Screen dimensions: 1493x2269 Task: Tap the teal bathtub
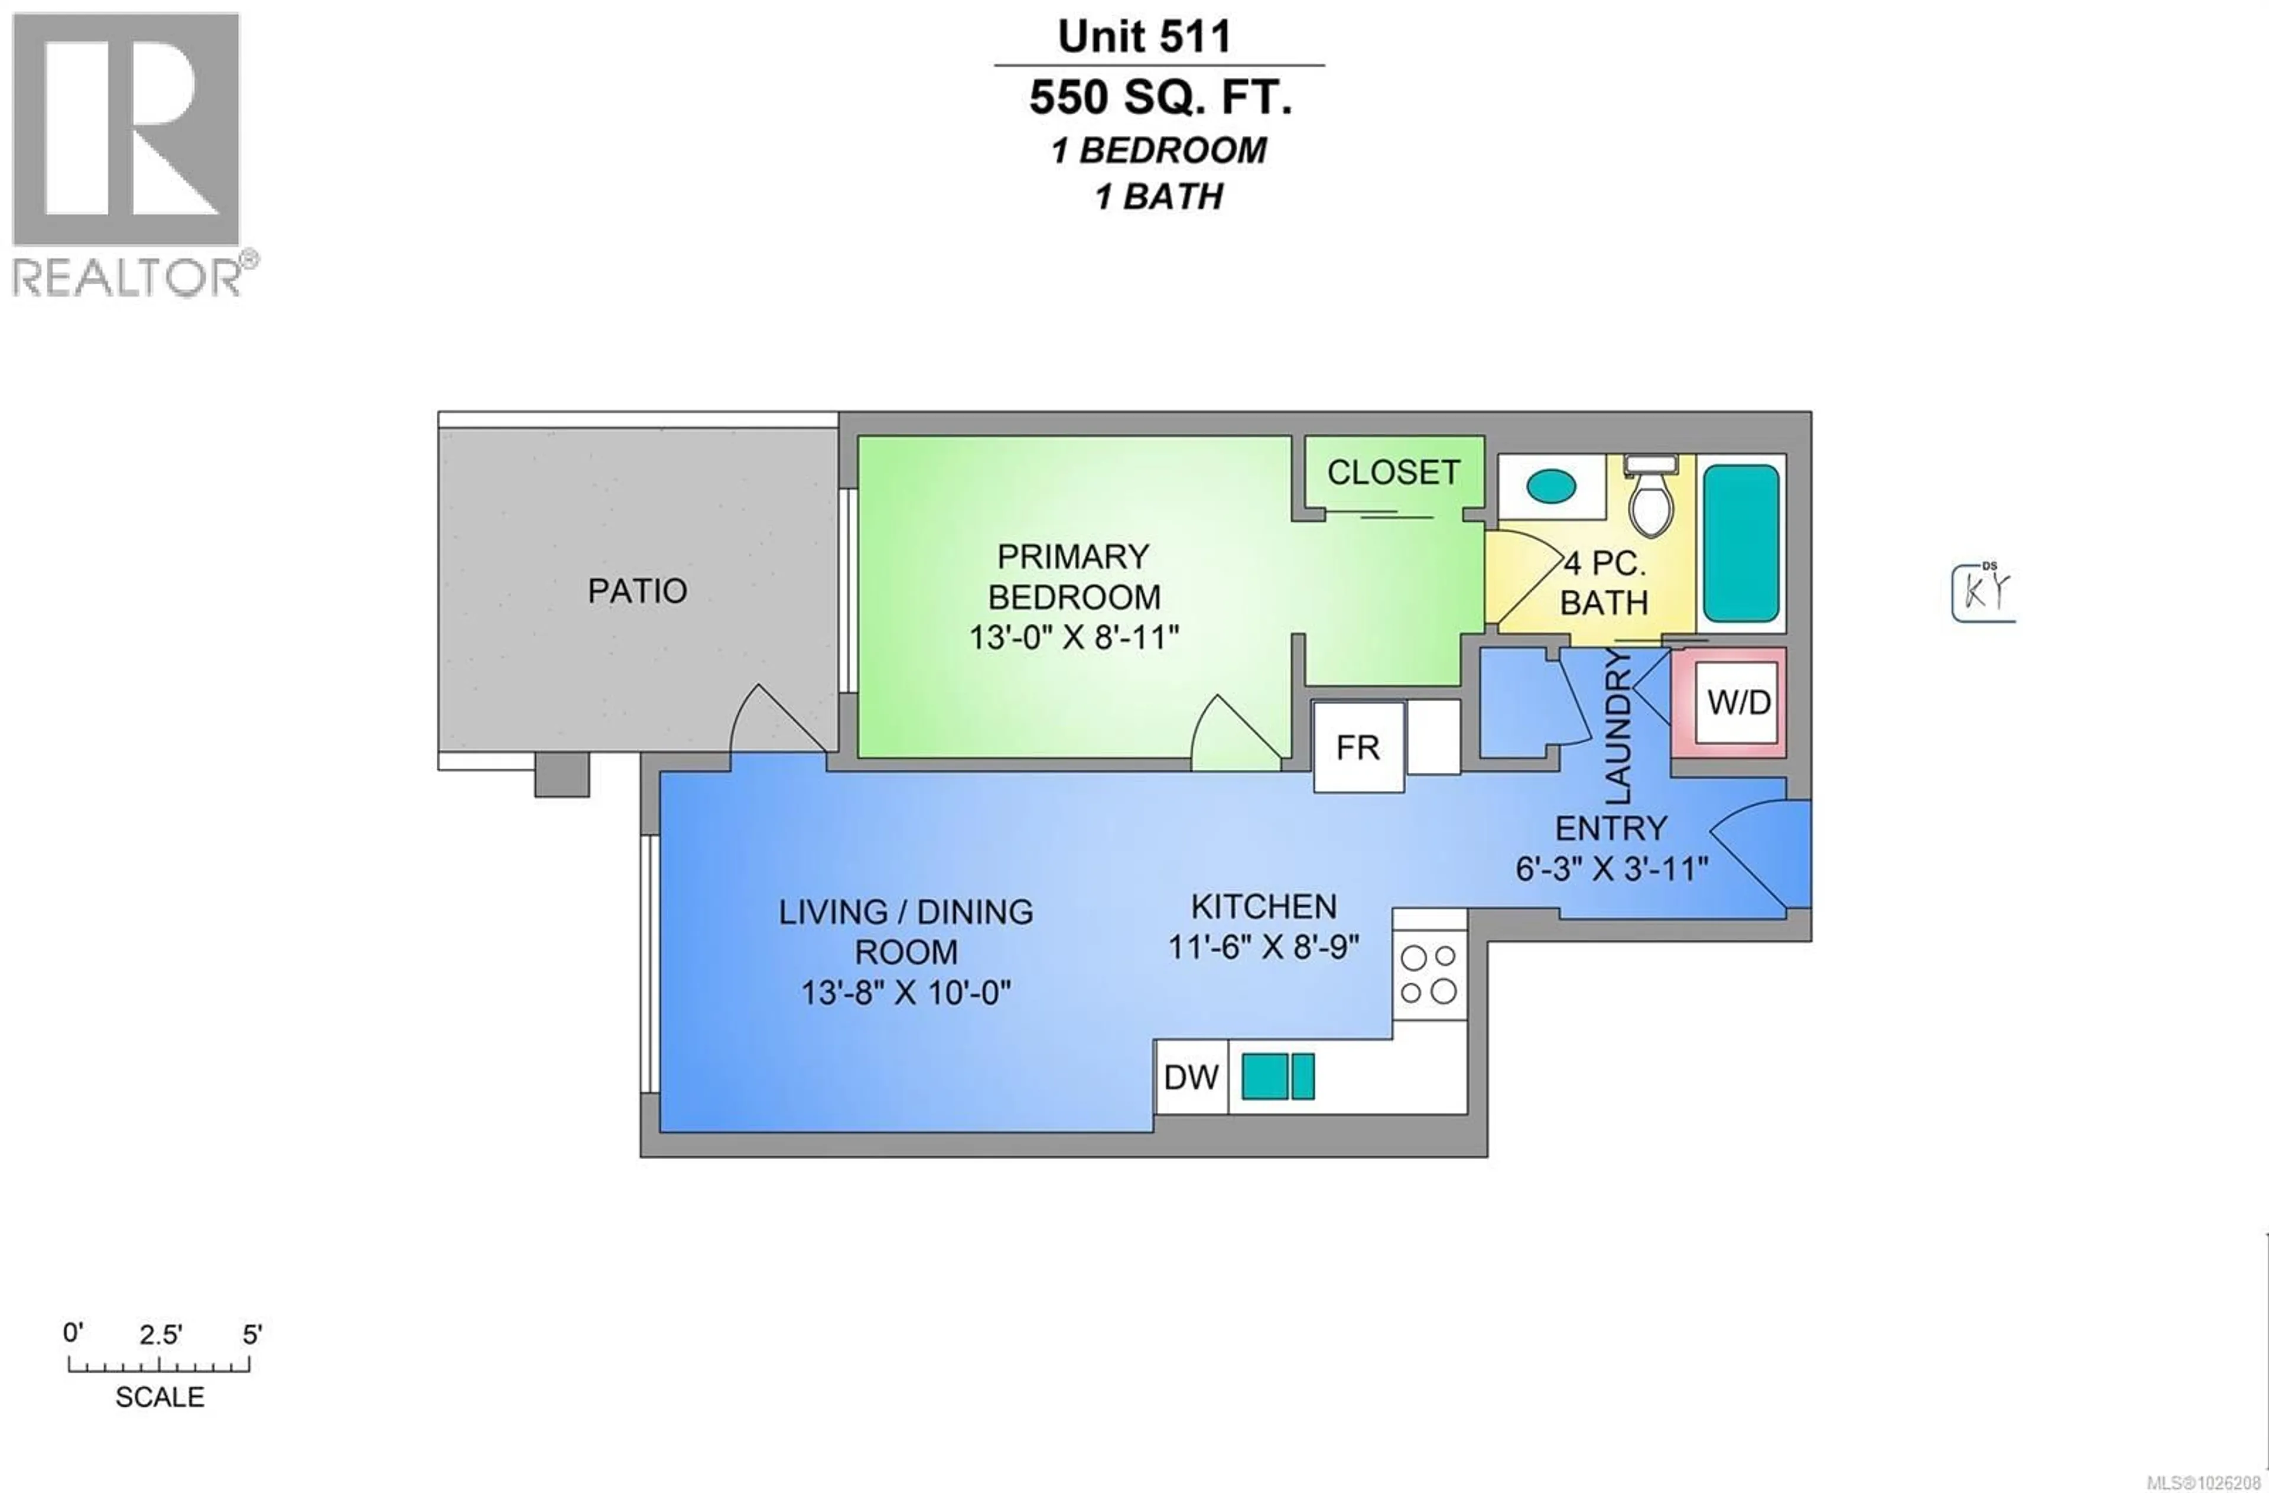pos(1741,544)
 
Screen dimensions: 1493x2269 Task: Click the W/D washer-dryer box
pos(1739,702)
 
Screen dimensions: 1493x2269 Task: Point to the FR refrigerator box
pos(1358,747)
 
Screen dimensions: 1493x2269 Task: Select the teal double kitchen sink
pos(1277,1076)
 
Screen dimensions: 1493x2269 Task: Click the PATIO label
pos(637,591)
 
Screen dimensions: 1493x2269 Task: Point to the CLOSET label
pos(1393,473)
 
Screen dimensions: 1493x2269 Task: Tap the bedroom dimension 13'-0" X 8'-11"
pos(1074,637)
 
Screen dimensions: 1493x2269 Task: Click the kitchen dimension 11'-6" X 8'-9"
pos(1263,946)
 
